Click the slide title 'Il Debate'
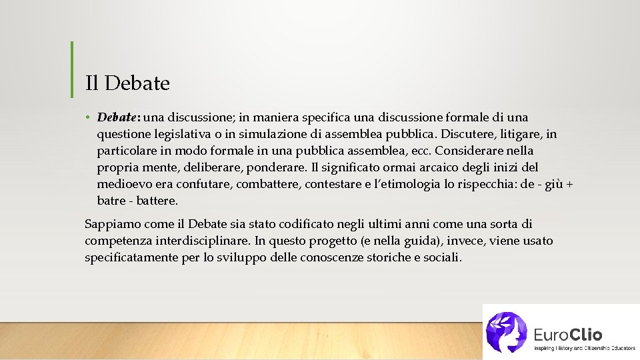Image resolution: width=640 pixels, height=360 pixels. (x=127, y=83)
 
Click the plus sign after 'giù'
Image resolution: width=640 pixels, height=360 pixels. (x=569, y=183)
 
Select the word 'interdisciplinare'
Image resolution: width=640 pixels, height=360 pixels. (x=203, y=241)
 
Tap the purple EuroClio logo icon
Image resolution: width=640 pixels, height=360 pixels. (x=507, y=331)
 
